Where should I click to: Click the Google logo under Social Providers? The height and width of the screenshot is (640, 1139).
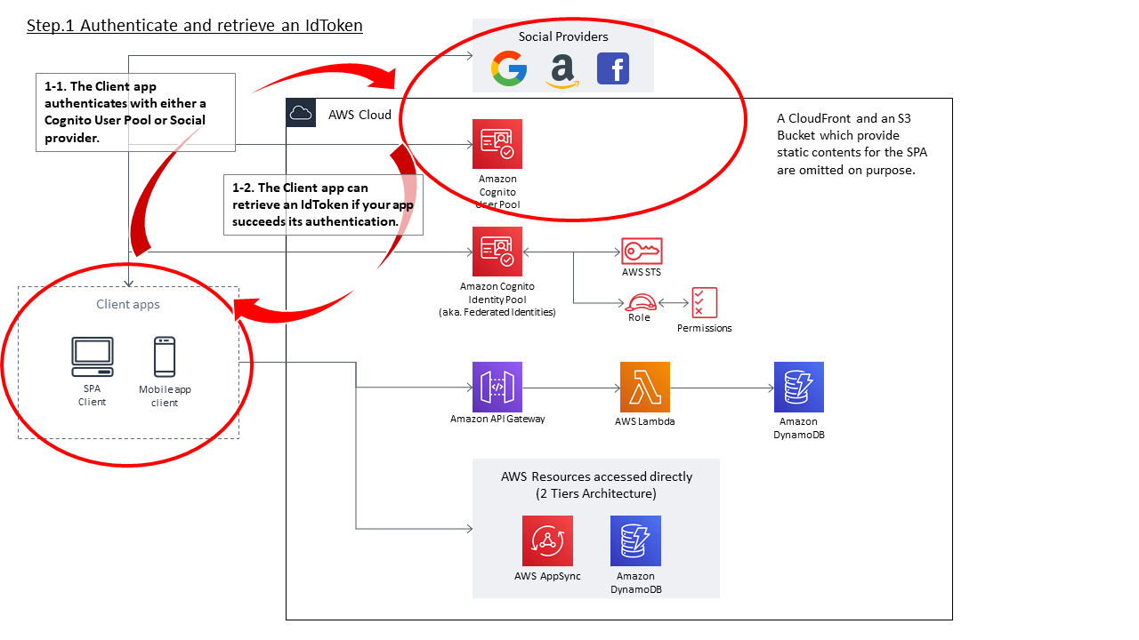508,68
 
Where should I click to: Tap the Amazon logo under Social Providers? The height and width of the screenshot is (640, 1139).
561,70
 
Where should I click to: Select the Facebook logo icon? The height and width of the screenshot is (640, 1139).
613,68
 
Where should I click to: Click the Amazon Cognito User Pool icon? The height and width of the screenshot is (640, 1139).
497,144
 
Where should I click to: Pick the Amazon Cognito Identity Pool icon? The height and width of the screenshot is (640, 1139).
497,252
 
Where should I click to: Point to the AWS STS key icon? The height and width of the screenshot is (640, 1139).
642,251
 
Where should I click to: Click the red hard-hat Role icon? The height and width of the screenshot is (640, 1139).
640,302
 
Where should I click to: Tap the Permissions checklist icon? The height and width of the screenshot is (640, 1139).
704,303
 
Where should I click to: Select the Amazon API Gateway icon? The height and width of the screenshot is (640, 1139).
497,387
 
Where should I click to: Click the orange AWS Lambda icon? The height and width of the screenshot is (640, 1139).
644,387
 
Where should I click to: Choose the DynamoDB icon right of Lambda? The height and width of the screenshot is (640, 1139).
798,387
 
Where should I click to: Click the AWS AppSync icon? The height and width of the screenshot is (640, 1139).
547,540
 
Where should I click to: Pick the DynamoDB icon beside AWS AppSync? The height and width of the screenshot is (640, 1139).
635,540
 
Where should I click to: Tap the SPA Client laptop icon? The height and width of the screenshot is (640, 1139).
93,357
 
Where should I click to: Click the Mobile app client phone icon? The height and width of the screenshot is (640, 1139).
165,357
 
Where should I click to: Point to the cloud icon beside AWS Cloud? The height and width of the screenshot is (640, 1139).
301,113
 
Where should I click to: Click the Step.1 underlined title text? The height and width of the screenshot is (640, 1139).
195,26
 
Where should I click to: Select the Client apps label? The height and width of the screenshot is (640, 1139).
128,304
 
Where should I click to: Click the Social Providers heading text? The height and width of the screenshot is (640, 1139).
563,36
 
